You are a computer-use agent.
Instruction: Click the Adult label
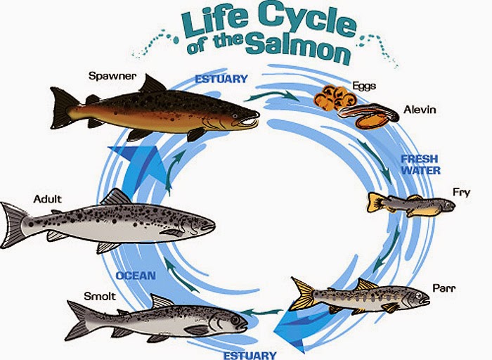[47, 199]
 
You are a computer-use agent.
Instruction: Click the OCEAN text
[136, 276]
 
